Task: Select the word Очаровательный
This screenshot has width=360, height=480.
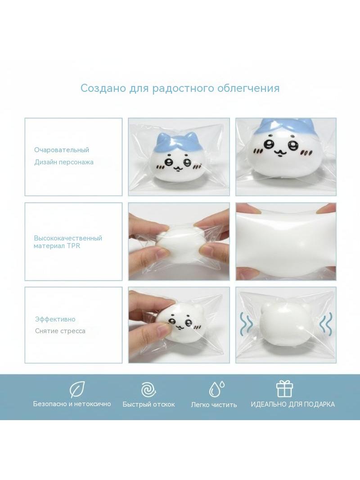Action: coord(62,150)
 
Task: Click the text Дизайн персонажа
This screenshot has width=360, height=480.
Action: coord(63,162)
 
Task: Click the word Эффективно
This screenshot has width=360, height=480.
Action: coord(55,319)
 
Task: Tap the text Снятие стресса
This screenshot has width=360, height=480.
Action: coord(60,331)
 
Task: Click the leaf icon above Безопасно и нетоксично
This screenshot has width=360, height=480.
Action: coord(77,389)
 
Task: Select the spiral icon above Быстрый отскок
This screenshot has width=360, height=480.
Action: coord(148,389)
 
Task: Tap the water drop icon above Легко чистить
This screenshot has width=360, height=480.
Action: coord(216,389)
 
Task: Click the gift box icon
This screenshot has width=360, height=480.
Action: coord(284,389)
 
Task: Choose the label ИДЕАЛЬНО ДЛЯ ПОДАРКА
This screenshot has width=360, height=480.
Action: coord(292,404)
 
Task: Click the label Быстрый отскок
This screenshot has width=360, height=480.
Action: coord(148,404)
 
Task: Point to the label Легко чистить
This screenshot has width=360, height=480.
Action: coord(214,405)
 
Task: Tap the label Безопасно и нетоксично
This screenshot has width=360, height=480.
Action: coord(72,404)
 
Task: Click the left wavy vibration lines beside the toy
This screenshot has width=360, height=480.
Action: coord(246,324)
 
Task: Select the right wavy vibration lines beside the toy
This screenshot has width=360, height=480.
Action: coord(325,324)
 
